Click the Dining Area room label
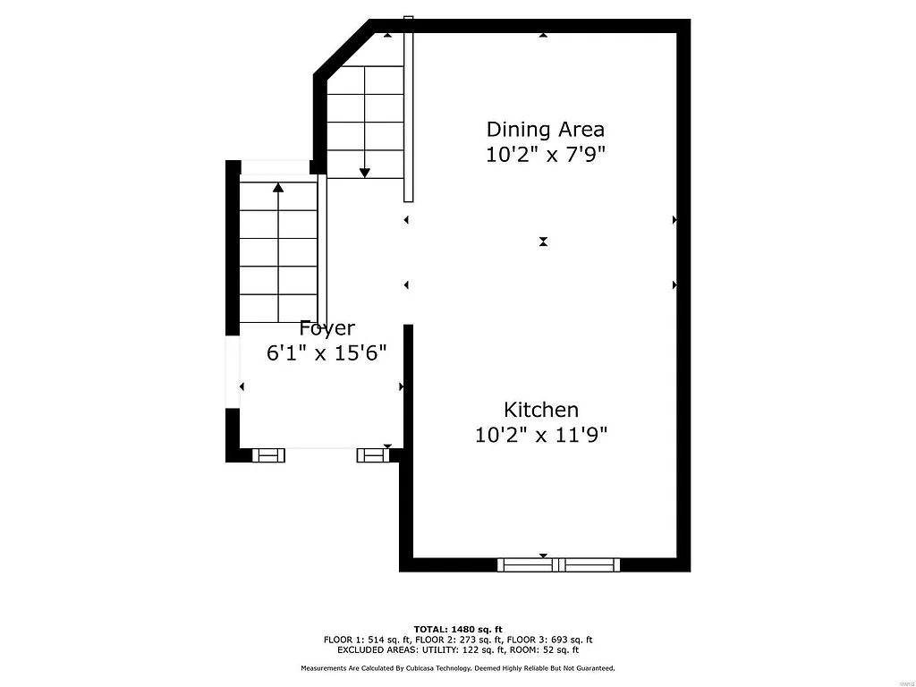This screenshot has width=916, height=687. pyautogui.click(x=545, y=129)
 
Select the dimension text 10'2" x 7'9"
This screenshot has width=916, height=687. pyautogui.click(x=546, y=154)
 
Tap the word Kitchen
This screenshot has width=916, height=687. pyautogui.click(x=541, y=410)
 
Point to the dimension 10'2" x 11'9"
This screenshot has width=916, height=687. pyautogui.click(x=541, y=436)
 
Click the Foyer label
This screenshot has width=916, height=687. pyautogui.click(x=327, y=328)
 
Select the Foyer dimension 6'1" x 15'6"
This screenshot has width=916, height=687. pyautogui.click(x=327, y=352)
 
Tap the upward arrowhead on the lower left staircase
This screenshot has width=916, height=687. pyautogui.click(x=278, y=187)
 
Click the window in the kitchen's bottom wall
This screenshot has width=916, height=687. pyautogui.click(x=558, y=564)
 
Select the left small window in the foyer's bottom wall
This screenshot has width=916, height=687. pyautogui.click(x=268, y=455)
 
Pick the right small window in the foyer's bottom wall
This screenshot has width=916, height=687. pyautogui.click(x=372, y=455)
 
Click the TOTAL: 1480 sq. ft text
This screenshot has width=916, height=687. pyautogui.click(x=458, y=629)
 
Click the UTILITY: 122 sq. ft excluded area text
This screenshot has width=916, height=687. pyautogui.click(x=471, y=650)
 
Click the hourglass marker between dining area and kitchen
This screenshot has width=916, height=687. pyautogui.click(x=543, y=242)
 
